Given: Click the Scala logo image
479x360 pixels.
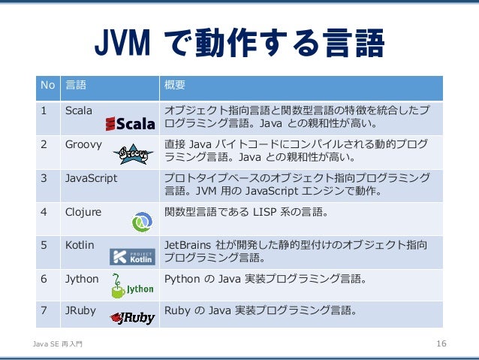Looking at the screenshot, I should point(130,123).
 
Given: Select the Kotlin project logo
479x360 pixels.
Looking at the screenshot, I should point(132,256).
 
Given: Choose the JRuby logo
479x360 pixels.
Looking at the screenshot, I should point(132,318).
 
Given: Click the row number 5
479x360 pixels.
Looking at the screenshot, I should point(44,245).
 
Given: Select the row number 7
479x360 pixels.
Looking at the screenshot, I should point(44,308).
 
